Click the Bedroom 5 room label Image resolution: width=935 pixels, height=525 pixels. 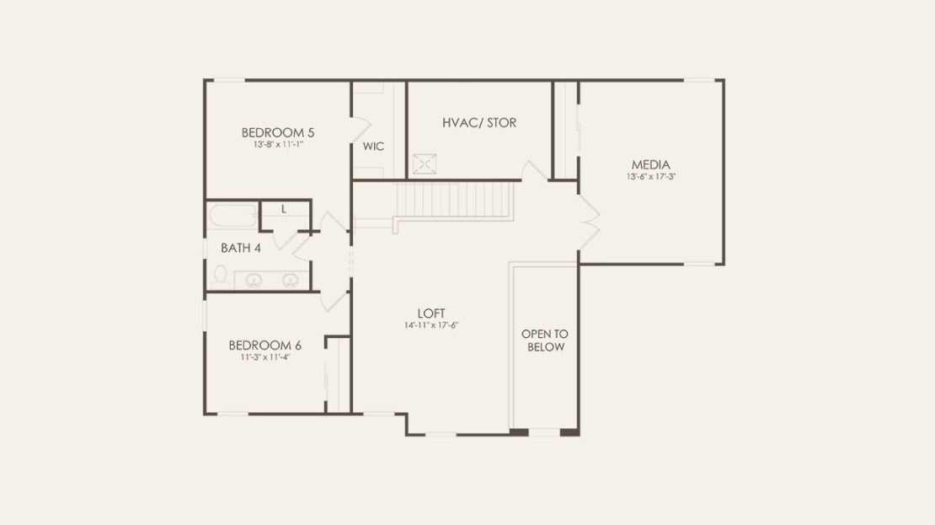(x=278, y=132)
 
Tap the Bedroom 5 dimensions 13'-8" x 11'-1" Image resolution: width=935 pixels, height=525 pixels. (x=279, y=144)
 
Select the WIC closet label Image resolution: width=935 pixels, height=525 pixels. (x=373, y=146)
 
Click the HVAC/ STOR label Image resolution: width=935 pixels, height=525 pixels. (x=479, y=123)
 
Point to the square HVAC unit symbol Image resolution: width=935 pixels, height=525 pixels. (x=425, y=164)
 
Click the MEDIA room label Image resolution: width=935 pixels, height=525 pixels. (x=650, y=164)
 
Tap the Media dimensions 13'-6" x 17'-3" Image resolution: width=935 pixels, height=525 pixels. (x=650, y=177)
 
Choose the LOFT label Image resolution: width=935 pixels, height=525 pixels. (x=431, y=313)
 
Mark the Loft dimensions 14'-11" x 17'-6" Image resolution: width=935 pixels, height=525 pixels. (x=431, y=325)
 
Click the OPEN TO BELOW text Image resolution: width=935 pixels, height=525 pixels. (x=545, y=340)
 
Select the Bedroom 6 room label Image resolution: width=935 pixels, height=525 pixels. (x=264, y=346)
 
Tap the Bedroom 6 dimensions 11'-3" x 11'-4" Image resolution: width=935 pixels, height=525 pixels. (x=265, y=357)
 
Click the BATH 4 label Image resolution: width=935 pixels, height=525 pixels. (x=241, y=248)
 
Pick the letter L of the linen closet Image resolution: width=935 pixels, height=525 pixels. (x=284, y=209)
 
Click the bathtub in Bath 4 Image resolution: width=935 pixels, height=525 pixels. (x=232, y=216)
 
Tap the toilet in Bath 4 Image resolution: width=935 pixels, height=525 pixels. (x=220, y=277)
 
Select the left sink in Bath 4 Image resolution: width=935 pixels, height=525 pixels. (x=254, y=280)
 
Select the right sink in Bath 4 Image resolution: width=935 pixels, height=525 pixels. (x=291, y=280)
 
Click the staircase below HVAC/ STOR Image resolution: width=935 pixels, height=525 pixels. (x=453, y=201)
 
